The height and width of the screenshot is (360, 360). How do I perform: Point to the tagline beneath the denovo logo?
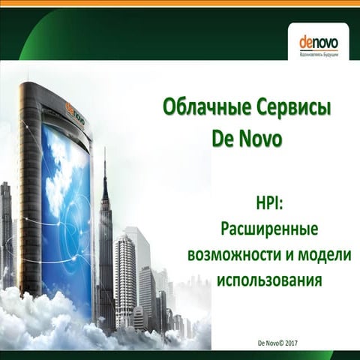(x=319, y=55)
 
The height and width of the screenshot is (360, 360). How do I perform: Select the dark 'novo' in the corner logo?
(x=325, y=42)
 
